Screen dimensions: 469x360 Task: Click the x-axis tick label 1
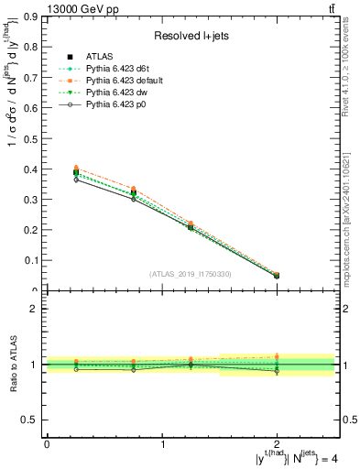(163, 444)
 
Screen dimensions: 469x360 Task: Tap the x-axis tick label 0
(47, 444)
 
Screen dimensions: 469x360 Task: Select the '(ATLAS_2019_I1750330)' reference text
(191, 274)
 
